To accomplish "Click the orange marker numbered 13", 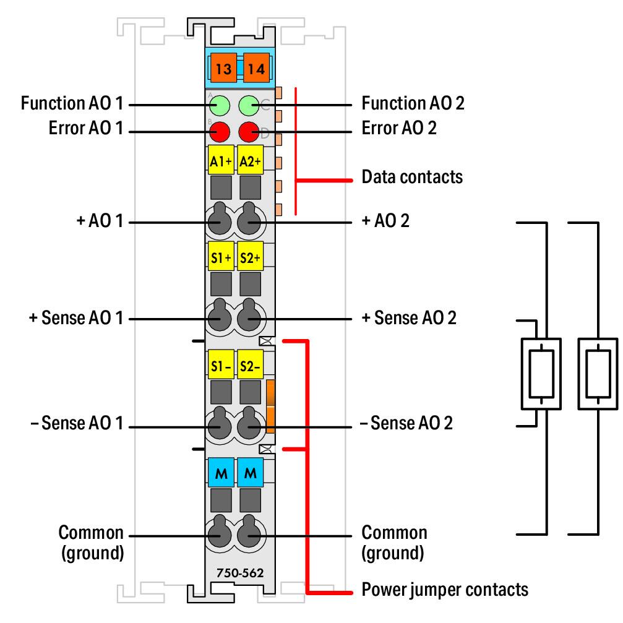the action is (223, 67).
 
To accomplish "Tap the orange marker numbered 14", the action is (256, 67).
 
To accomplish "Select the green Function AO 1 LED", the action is (220, 106).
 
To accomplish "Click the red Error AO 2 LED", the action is (249, 132).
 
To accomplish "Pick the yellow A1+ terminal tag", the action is (221, 160).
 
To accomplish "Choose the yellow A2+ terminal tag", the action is (251, 160).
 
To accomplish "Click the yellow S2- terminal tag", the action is (251, 364).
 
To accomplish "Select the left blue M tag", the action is (221, 473).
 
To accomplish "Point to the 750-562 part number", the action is (240, 572).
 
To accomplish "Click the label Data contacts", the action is (412, 177).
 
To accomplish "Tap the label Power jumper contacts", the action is (445, 590).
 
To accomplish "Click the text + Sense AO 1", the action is (76, 318).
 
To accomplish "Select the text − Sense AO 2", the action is (406, 423).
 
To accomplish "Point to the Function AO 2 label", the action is (413, 103).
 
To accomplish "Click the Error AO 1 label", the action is (86, 128).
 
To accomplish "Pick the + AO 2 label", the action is (385, 220).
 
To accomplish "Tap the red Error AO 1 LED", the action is (220, 132).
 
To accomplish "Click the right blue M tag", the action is (251, 473).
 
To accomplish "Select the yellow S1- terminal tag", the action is (221, 364).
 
